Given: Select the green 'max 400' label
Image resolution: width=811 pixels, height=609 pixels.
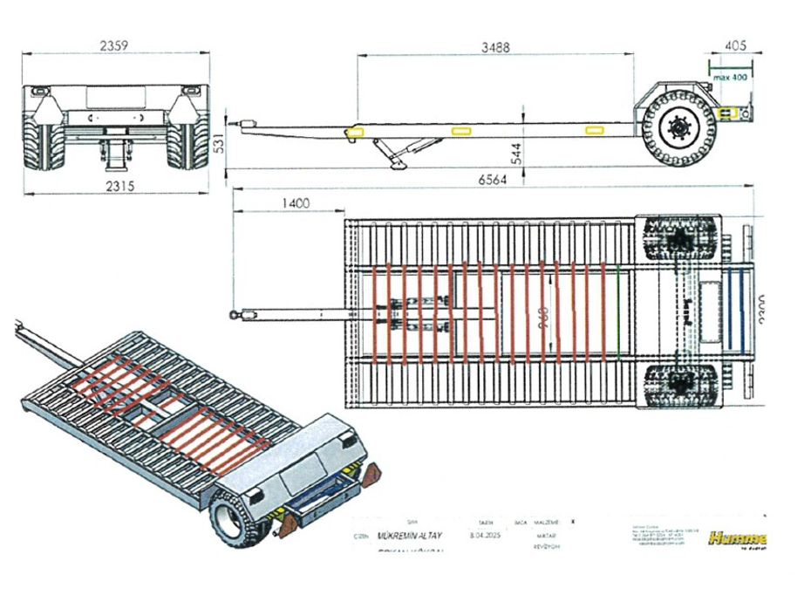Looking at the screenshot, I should click(x=731, y=78).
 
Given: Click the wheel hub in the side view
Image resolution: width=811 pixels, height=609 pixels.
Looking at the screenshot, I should click(x=677, y=130).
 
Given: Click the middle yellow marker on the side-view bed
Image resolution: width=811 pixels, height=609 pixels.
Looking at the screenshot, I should click(x=462, y=130).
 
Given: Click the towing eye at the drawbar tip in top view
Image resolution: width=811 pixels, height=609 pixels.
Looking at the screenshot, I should click(x=235, y=313).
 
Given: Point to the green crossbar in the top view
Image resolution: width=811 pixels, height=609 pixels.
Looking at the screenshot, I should click(x=618, y=311).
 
